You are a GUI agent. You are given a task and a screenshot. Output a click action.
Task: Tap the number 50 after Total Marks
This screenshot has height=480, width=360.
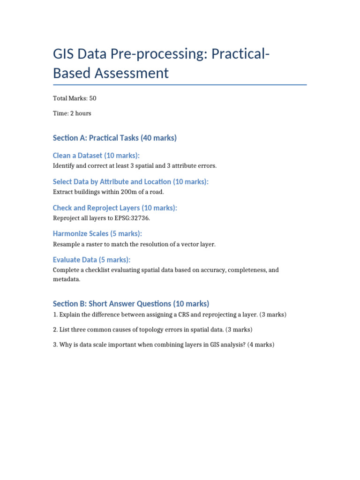click(x=92, y=98)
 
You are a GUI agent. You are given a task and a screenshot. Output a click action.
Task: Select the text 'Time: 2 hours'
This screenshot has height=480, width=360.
click(x=72, y=113)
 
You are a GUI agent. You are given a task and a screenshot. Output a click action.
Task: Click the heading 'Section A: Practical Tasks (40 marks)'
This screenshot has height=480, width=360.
click(x=115, y=138)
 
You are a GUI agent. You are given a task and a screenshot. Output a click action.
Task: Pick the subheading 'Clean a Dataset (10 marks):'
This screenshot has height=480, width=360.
click(x=96, y=156)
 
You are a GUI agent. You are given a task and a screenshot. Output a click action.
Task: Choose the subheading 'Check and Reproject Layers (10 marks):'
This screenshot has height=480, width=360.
click(x=115, y=208)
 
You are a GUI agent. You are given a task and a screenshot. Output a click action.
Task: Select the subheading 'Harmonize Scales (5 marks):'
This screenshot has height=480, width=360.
click(x=97, y=234)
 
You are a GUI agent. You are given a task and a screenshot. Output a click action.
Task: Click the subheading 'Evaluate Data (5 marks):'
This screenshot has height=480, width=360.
click(x=91, y=260)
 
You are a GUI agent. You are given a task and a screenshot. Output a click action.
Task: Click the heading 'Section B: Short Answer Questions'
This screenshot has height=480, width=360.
click(x=131, y=304)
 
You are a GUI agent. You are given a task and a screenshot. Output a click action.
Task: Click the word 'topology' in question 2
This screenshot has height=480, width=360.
click(x=135, y=330)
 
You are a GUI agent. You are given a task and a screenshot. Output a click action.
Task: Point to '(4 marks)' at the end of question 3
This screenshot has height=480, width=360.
click(x=260, y=345)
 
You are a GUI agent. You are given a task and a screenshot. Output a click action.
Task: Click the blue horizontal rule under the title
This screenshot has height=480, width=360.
click(x=180, y=85)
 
